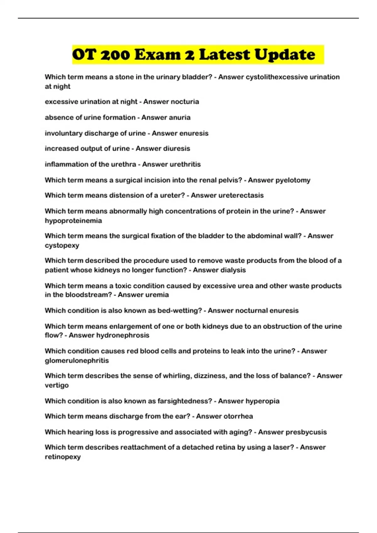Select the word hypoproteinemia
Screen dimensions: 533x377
[73, 220]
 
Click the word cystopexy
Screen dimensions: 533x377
[62, 245]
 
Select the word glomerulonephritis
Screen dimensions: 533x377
[77, 360]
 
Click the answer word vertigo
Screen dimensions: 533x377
[57, 385]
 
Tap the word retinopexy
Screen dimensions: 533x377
[63, 456]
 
